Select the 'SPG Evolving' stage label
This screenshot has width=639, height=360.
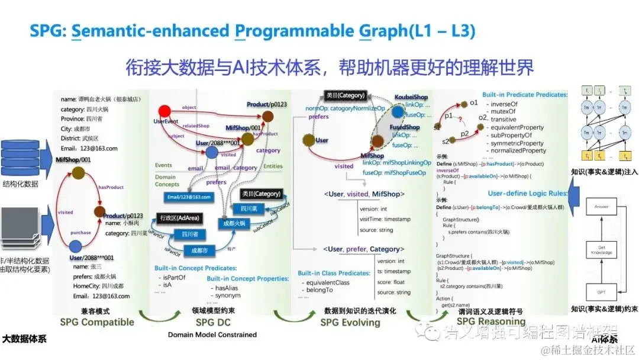(x=350, y=322)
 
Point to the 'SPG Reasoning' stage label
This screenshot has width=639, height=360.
(x=492, y=322)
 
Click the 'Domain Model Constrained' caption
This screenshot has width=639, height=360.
(x=212, y=335)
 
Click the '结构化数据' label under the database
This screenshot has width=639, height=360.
(x=21, y=184)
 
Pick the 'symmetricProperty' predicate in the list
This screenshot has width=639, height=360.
(x=515, y=143)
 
